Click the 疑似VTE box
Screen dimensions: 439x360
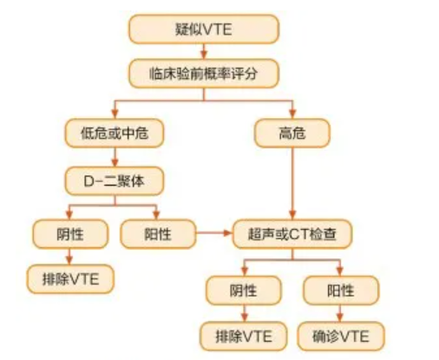(x=204, y=29)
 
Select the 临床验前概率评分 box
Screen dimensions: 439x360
(x=204, y=74)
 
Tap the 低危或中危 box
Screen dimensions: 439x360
(x=115, y=134)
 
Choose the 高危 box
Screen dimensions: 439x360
(x=292, y=134)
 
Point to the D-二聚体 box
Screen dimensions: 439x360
(x=115, y=181)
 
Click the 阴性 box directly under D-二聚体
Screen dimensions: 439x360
(x=70, y=233)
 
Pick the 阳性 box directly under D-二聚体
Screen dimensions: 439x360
(x=158, y=233)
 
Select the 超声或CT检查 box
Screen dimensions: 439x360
(x=292, y=233)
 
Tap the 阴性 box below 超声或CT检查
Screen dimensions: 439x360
(x=244, y=291)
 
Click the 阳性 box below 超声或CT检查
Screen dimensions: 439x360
(x=341, y=291)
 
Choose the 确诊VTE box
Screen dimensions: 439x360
(x=341, y=336)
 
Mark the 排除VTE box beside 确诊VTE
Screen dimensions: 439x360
(x=244, y=336)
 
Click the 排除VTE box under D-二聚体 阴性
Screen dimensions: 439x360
(x=70, y=279)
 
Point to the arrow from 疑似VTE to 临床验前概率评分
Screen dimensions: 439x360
(x=204, y=51)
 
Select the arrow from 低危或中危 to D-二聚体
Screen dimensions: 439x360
(x=115, y=157)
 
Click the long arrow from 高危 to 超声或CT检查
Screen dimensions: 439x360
(x=292, y=184)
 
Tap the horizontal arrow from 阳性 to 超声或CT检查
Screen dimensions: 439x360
(x=214, y=233)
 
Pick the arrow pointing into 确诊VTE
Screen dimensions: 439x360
(x=340, y=313)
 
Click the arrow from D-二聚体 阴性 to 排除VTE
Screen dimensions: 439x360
(x=69, y=257)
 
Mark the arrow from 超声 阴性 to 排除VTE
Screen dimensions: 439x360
(x=245, y=313)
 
